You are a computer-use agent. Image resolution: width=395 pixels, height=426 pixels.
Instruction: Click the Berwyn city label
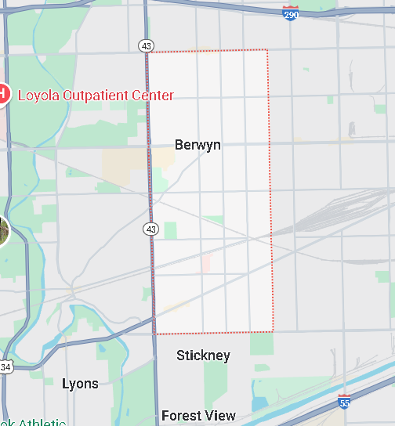click(x=197, y=145)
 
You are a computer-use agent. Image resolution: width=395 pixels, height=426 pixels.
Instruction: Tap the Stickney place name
click(x=203, y=356)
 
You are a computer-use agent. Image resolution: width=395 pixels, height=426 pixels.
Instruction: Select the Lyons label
click(x=80, y=384)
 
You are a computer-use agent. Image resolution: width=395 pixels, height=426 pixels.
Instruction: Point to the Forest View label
click(x=197, y=416)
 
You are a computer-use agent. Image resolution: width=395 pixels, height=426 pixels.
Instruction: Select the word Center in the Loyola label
click(x=153, y=96)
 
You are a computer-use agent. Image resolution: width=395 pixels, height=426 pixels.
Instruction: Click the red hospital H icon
click(x=2, y=95)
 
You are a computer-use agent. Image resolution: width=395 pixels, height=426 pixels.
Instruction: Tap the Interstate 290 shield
click(x=291, y=13)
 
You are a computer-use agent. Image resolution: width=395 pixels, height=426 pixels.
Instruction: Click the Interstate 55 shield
click(x=344, y=401)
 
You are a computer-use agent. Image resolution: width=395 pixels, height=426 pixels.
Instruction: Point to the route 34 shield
click(x=5, y=367)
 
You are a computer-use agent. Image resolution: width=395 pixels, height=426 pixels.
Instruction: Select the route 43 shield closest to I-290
click(x=147, y=46)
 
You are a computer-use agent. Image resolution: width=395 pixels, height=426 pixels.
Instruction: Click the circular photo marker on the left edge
click(x=2, y=230)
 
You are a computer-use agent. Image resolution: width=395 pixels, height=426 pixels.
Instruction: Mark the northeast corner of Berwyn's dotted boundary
click(x=267, y=51)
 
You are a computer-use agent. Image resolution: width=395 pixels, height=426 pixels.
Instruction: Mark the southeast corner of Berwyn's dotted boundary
click(x=273, y=331)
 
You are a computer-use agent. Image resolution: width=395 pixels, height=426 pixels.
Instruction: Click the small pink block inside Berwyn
click(x=206, y=262)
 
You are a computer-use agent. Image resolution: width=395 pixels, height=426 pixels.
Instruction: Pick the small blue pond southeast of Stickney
click(x=259, y=405)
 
